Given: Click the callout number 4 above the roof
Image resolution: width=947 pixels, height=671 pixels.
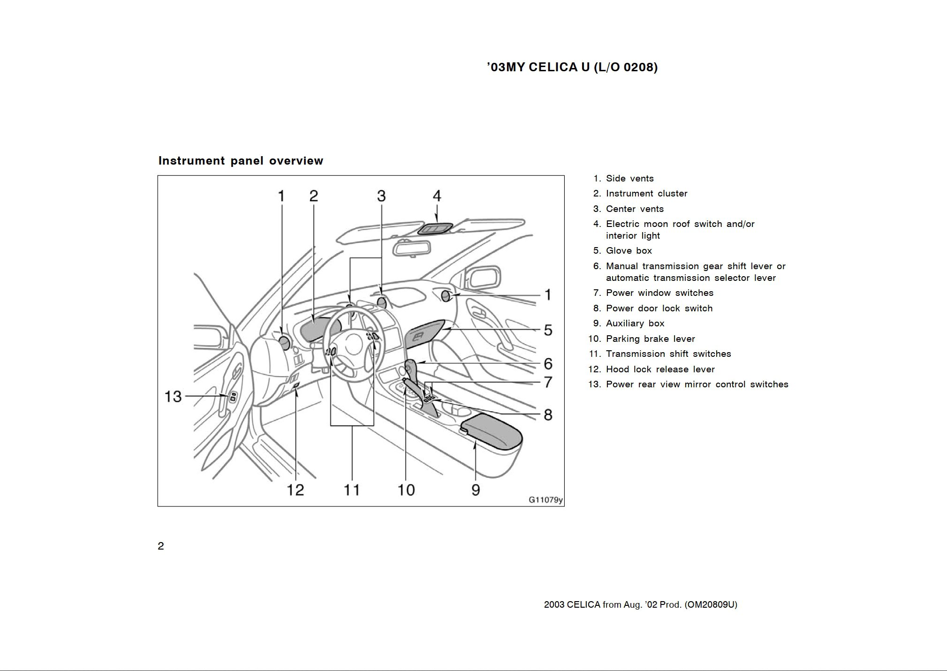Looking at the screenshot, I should tap(437, 196).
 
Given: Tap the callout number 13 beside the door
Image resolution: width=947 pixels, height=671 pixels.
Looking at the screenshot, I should tap(173, 397).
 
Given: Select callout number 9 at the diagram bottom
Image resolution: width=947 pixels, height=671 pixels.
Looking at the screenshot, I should tap(476, 490).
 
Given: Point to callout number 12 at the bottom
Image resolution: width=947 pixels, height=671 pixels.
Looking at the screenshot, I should tap(295, 490).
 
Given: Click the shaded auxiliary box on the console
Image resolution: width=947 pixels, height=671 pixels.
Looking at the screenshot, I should tap(491, 430).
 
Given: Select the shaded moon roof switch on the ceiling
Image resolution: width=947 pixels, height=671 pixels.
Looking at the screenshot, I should tap(435, 229).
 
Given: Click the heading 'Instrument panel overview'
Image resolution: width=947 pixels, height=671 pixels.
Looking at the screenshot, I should tap(241, 161).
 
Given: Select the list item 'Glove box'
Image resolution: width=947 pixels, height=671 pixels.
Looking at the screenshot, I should tap(629, 251).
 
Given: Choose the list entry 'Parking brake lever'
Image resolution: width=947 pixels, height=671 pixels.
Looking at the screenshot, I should tap(650, 339).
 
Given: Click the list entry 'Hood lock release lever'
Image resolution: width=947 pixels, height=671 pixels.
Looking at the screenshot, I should tap(660, 369).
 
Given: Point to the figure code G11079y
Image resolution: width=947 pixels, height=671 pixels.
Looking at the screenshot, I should tap(545, 500).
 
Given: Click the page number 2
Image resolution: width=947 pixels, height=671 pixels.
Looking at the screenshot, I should tap(161, 546).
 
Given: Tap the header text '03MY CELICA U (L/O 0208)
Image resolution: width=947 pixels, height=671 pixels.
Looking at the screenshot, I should tap(572, 67).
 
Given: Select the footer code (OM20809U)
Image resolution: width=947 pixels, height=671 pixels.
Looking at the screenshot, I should tap(711, 605).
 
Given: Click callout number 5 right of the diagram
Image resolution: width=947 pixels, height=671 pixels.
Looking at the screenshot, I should tap(548, 330).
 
